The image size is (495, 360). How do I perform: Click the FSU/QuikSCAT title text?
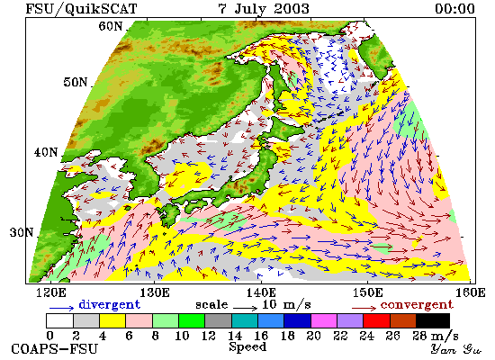(x=81, y=8)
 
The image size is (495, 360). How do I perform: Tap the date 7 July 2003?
(x=264, y=8)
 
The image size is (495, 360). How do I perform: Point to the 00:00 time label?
(x=454, y=8)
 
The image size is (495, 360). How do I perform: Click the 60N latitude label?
(x=110, y=26)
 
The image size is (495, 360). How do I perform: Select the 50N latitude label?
(x=75, y=82)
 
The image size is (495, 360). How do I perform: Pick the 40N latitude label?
(x=46, y=152)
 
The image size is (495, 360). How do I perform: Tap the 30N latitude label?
(x=22, y=232)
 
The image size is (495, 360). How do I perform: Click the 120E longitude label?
(x=50, y=292)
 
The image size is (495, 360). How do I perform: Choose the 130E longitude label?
(x=155, y=292)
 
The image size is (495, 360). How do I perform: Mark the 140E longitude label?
(x=261, y=292)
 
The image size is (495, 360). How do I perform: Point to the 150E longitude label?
(x=367, y=292)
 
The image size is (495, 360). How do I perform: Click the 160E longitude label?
(x=471, y=292)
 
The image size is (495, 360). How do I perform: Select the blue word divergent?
(x=109, y=304)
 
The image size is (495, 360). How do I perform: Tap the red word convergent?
(x=417, y=305)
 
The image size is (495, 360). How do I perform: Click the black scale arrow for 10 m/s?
(x=246, y=307)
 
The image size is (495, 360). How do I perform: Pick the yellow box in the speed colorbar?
(x=112, y=320)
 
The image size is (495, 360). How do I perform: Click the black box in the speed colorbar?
(x=433, y=320)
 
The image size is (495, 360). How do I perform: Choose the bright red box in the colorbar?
(x=376, y=320)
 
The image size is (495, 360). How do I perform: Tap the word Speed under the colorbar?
(x=247, y=347)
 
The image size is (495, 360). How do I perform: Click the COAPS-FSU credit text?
(x=54, y=349)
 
